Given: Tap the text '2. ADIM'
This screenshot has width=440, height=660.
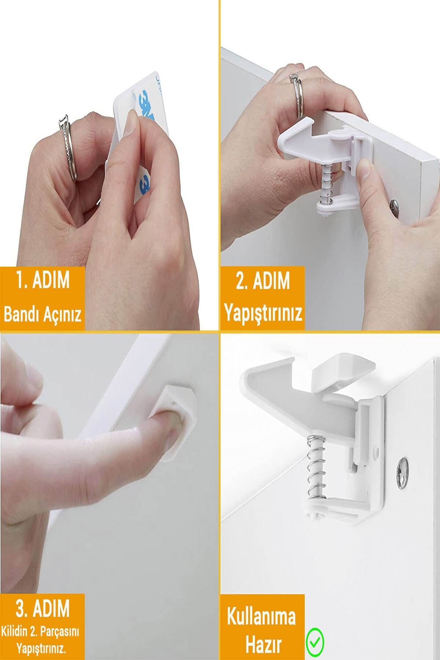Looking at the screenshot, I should [263, 282].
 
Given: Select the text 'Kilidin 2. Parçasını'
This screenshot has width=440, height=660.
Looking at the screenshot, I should [40, 632].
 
